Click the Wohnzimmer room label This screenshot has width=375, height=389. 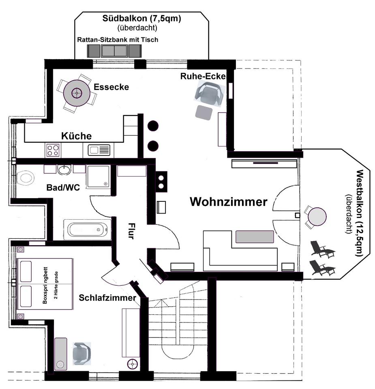pyautogui.click(x=229, y=202)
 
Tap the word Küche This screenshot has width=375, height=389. pyautogui.click(x=76, y=136)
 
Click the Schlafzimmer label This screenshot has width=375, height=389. pyautogui.click(x=107, y=298)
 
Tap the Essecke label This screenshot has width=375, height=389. pyautogui.click(x=111, y=87)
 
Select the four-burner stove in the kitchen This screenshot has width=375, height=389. pyautogui.click(x=53, y=150)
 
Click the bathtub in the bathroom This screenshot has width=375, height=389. pyautogui.click(x=88, y=229)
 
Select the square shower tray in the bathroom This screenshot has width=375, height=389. pyautogui.click(x=98, y=176)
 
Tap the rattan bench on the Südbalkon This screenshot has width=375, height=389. pyautogui.click(x=114, y=51)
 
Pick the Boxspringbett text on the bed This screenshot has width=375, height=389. pyautogui.click(x=45, y=284)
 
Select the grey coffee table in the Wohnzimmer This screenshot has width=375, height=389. pyautogui.click(x=255, y=237)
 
